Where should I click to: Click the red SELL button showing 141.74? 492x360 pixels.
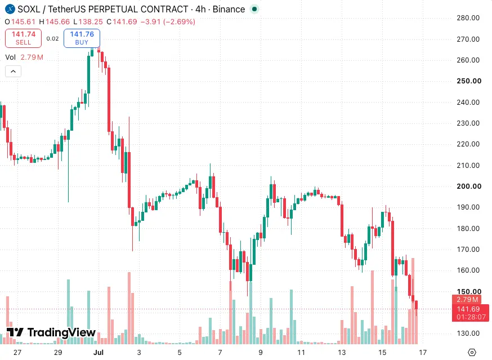[23, 38]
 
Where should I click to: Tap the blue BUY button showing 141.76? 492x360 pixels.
[82, 38]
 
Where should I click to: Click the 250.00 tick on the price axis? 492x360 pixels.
[469, 81]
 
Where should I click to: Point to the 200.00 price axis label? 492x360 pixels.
[469, 186]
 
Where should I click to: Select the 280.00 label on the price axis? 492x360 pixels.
[468, 18]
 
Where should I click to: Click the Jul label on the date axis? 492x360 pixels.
[98, 353]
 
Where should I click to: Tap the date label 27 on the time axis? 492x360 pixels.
[17, 353]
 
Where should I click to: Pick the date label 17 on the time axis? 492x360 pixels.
[423, 353]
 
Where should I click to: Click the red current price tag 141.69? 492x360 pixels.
[468, 309]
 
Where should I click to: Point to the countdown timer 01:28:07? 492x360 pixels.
[471, 317]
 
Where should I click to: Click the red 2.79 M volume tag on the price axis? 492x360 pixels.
[467, 300]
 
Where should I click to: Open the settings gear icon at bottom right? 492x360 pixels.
[472, 353]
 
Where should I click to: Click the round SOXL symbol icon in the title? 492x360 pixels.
[10, 9]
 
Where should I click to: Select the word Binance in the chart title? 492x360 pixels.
[229, 10]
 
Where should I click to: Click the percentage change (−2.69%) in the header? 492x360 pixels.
[179, 21]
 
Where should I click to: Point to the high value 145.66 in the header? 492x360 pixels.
[58, 21]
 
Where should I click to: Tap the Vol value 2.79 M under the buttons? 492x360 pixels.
[32, 57]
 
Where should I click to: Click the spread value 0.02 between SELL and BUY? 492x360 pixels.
[52, 39]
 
